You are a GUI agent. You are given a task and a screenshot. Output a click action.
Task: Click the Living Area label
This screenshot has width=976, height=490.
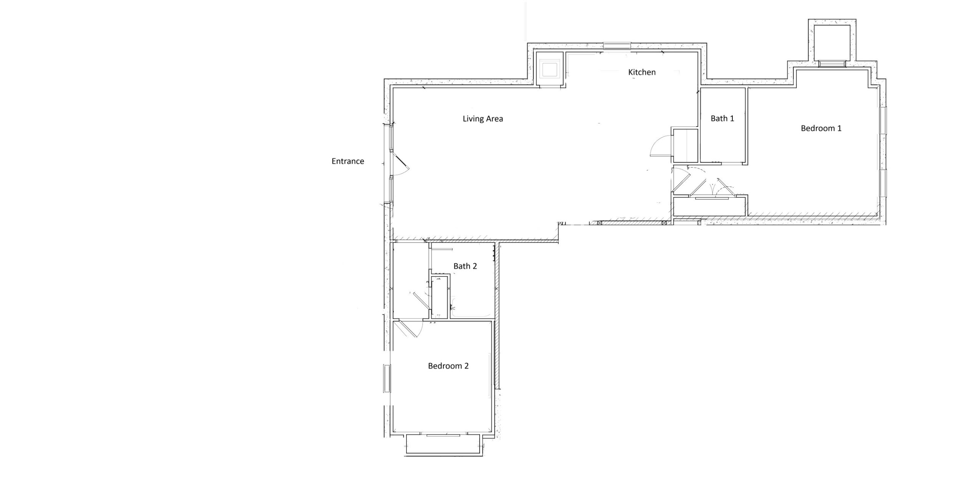[483, 119]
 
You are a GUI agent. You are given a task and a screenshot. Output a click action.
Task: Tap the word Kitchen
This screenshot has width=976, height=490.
[642, 72]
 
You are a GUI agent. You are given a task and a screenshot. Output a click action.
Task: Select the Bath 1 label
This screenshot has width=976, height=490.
[722, 118]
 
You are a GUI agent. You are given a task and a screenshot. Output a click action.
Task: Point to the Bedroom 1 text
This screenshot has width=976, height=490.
[821, 128]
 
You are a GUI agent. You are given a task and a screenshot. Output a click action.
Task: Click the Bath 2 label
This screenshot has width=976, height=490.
[465, 266]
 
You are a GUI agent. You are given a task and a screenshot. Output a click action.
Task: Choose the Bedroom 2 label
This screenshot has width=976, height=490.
[448, 366]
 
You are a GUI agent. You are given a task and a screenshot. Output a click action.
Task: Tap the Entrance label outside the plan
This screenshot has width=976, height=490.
[348, 162]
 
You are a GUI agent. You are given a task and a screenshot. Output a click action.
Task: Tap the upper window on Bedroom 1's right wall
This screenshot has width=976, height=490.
[883, 120]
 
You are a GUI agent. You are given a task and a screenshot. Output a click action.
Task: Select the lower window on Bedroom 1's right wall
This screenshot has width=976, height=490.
[883, 183]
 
